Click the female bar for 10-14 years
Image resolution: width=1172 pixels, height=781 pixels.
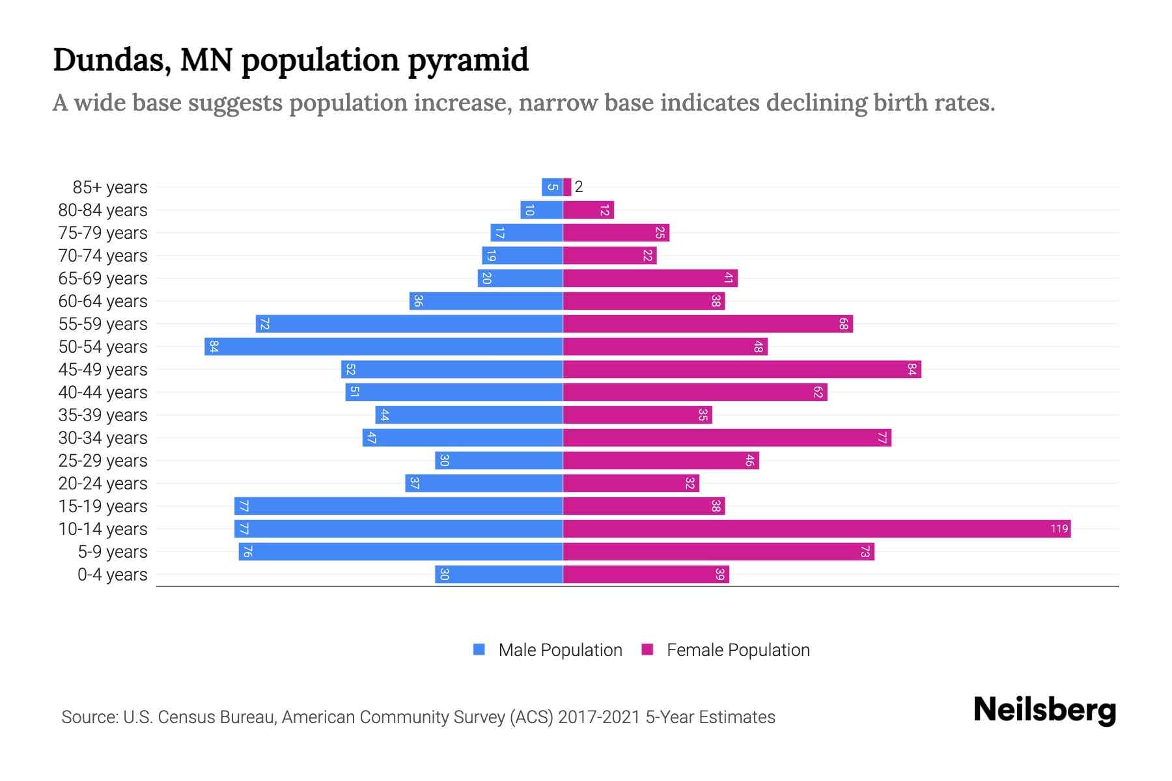point(816,528)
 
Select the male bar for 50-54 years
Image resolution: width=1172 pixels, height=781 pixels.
point(384,346)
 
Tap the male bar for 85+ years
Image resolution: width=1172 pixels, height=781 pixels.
point(552,187)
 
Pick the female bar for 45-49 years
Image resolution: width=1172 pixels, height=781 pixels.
point(742,369)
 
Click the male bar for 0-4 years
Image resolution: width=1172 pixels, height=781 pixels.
point(499,574)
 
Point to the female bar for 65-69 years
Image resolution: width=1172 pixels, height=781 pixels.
point(650,278)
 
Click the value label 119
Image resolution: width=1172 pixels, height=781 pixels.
point(1059,528)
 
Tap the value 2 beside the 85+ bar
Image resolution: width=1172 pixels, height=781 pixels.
point(579,187)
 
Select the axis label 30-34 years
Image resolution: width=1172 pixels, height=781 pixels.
point(103,438)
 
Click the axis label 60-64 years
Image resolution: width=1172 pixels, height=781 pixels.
point(103,301)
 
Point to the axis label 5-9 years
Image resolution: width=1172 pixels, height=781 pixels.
point(112,552)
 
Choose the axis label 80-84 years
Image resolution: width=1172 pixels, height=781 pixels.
point(103,210)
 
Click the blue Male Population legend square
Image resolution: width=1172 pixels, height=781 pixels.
point(479,650)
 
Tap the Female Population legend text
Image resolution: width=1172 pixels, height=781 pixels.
point(738,650)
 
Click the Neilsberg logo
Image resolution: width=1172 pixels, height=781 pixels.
point(1044,710)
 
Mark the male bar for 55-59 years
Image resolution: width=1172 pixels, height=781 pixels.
point(409,323)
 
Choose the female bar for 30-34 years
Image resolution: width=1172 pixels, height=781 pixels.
point(727,437)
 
